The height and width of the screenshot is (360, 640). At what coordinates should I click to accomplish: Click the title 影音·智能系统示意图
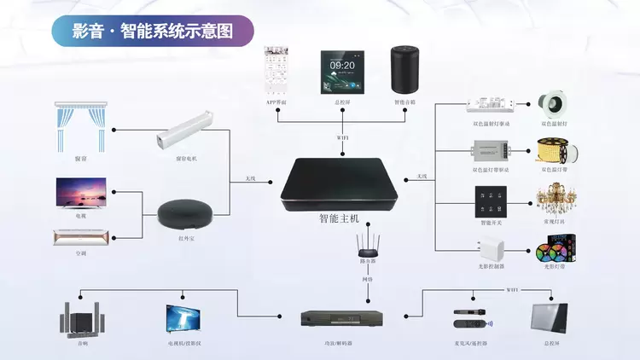pos(153,32)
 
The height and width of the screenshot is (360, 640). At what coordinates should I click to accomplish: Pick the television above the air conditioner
pos(81,194)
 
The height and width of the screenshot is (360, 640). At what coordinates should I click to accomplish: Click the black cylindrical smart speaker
pos(404,69)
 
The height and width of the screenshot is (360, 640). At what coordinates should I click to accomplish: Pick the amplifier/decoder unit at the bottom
pos(342,320)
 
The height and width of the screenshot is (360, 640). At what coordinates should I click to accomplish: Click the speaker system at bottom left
pos(82,319)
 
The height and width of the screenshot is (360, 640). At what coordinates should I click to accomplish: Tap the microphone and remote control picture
pos(472,319)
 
